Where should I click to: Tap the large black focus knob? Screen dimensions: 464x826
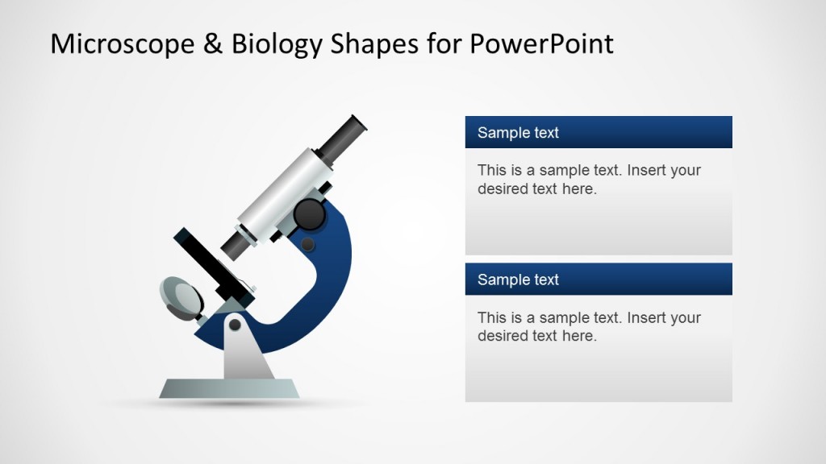[308, 214]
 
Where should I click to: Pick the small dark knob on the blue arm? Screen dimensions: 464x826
[307, 243]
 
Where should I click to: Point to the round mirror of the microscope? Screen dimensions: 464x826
[182, 296]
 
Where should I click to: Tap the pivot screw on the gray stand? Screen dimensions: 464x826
[235, 325]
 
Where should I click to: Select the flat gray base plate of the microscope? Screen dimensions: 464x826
[229, 389]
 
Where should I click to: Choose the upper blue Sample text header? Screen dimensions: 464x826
[598, 132]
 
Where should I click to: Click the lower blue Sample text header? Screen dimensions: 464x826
[598, 280]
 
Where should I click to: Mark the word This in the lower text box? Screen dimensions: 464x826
[492, 318]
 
